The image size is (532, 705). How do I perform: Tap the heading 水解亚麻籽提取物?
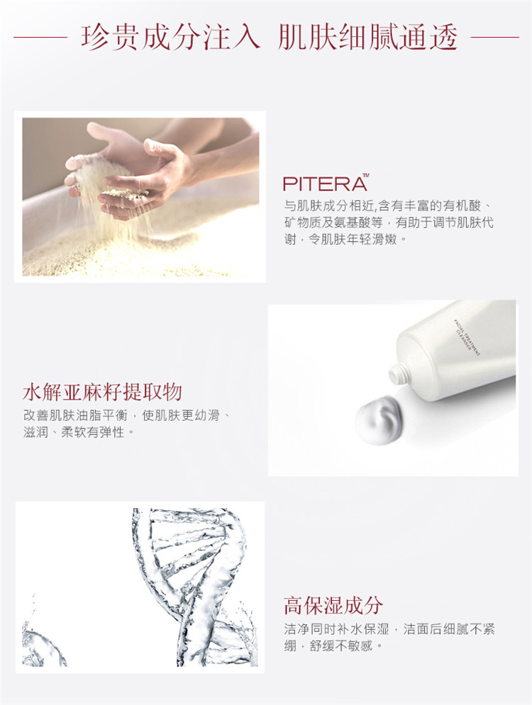pyautogui.click(x=103, y=392)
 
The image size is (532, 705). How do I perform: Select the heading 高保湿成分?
pyautogui.click(x=333, y=606)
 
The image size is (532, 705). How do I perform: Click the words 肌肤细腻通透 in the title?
pyautogui.click(x=367, y=37)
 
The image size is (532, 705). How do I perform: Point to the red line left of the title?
pyautogui.click(x=40, y=37)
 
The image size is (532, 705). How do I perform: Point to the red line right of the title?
pyautogui.click(x=494, y=37)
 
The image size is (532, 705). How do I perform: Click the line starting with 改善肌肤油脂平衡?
pyautogui.click(x=126, y=415)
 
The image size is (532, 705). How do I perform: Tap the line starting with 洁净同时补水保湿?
pyautogui.click(x=389, y=628)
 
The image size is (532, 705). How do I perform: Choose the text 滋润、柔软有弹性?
pyautogui.click(x=78, y=432)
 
